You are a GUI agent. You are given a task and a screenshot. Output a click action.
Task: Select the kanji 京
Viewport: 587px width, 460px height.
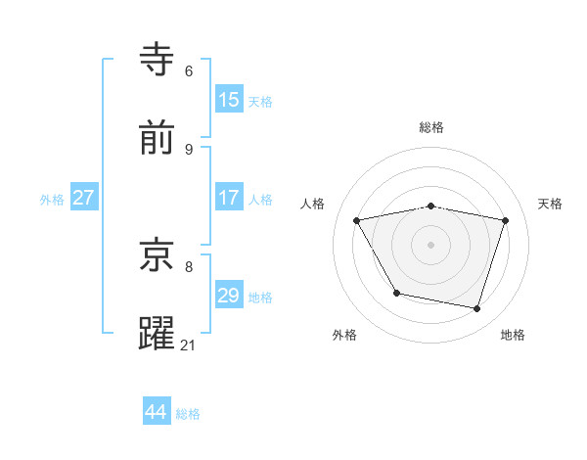pyautogui.click(x=158, y=255)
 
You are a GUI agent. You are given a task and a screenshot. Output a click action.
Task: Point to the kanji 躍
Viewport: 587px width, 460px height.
pyautogui.click(x=158, y=333)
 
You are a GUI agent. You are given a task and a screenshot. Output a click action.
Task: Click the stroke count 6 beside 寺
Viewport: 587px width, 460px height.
pyautogui.click(x=189, y=71)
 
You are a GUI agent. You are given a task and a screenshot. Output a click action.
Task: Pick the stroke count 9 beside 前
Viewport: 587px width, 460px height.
pyautogui.click(x=189, y=149)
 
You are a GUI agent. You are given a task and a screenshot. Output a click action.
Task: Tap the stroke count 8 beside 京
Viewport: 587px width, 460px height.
pyautogui.click(x=189, y=265)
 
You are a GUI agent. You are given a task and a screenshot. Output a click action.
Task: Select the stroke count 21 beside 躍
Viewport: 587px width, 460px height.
pyautogui.click(x=189, y=345)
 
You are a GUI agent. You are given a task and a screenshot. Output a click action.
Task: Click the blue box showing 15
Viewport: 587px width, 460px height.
pyautogui.click(x=229, y=100)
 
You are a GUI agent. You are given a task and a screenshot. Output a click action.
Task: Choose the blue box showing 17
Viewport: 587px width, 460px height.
pyautogui.click(x=229, y=198)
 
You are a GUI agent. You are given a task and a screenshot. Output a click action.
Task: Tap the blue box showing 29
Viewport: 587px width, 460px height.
pyautogui.click(x=229, y=296)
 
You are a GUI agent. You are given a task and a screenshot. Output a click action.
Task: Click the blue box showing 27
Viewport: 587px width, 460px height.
pyautogui.click(x=84, y=198)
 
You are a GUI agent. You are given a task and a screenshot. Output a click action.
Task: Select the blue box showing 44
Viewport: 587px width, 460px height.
pyautogui.click(x=157, y=412)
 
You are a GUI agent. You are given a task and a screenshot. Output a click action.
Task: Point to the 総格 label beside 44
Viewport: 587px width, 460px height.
pyautogui.click(x=189, y=414)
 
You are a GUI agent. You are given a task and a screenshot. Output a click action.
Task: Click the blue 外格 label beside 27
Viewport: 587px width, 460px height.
pyautogui.click(x=52, y=200)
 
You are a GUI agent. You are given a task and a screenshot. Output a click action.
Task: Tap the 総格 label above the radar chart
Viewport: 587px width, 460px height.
pyautogui.click(x=431, y=127)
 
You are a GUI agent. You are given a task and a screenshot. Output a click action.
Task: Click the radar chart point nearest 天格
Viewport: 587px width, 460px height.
pyautogui.click(x=506, y=220)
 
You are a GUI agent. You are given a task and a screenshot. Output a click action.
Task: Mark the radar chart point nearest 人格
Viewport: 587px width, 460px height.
pyautogui.click(x=357, y=220)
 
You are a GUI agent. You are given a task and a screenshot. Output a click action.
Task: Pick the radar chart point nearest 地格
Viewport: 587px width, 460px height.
pyautogui.click(x=477, y=309)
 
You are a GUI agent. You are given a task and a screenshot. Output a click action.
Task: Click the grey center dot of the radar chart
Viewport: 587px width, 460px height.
pyautogui.click(x=431, y=245)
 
